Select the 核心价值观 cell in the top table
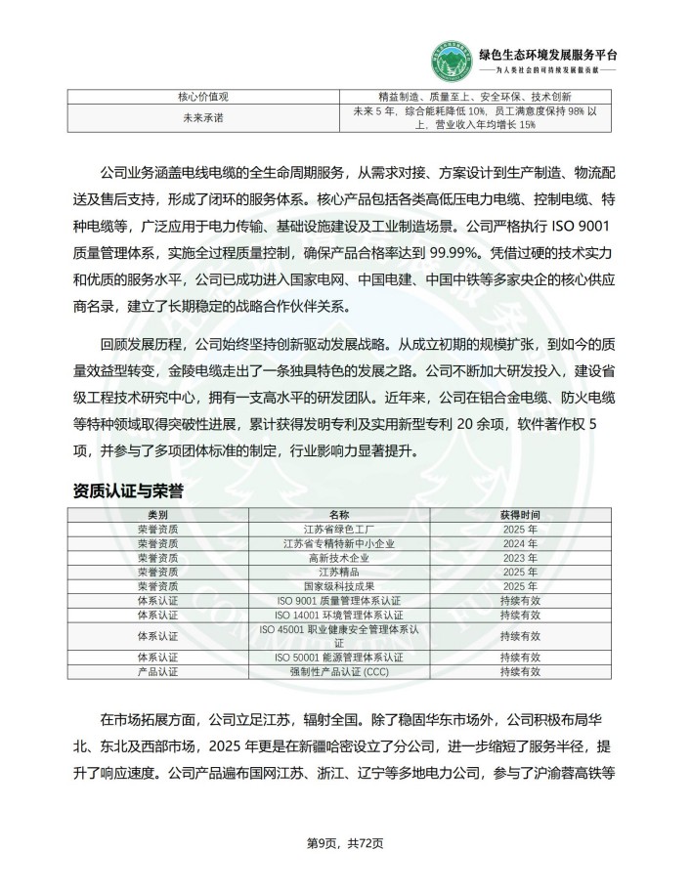pos(202,97)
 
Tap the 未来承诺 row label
pos(202,118)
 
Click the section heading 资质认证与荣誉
pos(129,489)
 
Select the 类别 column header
pos(157,514)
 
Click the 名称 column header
pos(338,514)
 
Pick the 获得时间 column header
pos(519,514)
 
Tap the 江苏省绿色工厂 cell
pos(338,529)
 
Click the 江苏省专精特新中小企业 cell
pos(338,543)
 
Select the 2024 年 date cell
pos(519,543)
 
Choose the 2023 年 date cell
pos(519,557)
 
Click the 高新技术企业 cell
pos(338,557)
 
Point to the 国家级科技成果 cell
pos(338,586)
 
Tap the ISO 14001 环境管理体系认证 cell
pos(338,615)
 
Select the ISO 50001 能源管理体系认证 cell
pos(338,658)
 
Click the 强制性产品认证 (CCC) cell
pos(338,672)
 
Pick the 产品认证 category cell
pos(157,672)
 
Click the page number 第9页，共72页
pos(345,842)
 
